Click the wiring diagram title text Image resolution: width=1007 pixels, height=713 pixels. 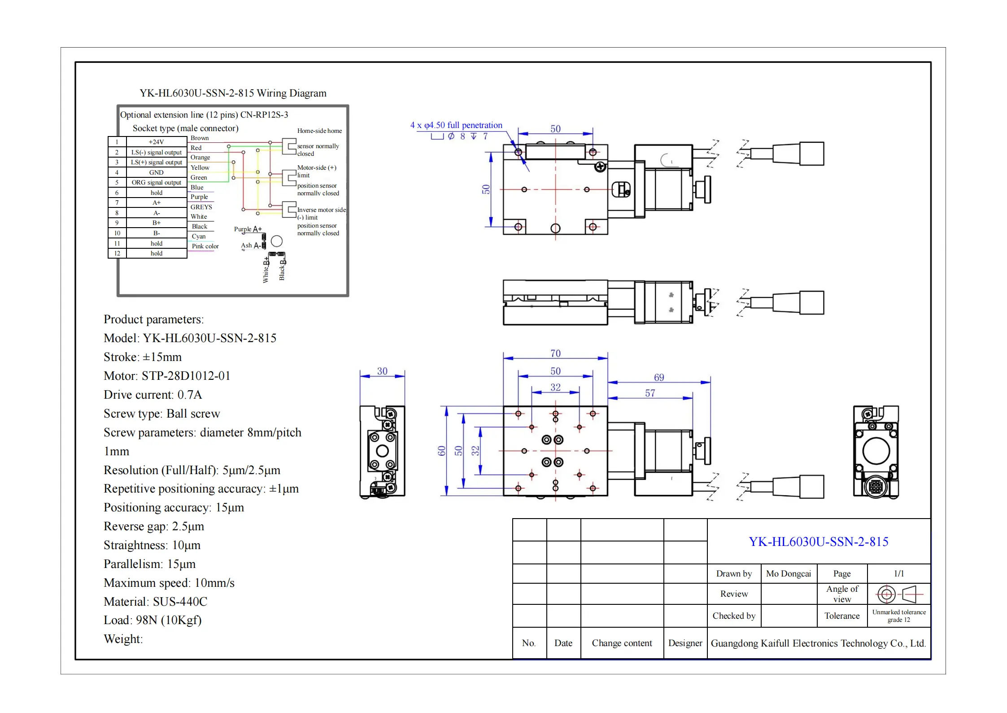point(233,93)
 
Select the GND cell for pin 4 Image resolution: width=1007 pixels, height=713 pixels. point(156,172)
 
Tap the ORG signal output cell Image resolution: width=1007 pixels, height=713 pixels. point(156,183)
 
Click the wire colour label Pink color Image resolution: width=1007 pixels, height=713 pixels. point(205,246)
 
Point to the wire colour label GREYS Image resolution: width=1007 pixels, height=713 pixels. point(201,207)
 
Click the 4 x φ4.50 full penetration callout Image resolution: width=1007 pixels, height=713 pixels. point(456,125)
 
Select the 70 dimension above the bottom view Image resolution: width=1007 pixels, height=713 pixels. point(555,353)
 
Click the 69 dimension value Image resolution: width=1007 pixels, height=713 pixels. point(658,378)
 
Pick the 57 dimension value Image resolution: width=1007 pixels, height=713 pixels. point(650,393)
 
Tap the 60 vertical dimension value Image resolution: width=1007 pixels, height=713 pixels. point(441,451)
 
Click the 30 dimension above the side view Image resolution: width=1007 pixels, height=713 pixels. point(382,371)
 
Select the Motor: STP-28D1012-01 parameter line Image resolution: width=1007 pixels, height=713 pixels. point(167,376)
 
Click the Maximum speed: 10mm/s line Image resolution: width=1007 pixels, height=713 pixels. point(169,583)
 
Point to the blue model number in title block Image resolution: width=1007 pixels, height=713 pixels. point(818,542)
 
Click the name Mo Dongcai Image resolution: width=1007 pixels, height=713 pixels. point(788,574)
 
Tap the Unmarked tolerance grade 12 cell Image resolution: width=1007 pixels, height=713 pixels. point(898,616)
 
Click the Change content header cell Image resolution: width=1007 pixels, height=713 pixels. point(622,643)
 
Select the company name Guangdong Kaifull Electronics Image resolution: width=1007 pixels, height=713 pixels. point(818,643)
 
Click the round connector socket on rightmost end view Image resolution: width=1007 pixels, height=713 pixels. point(876,486)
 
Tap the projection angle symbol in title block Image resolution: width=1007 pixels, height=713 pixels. point(898,594)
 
